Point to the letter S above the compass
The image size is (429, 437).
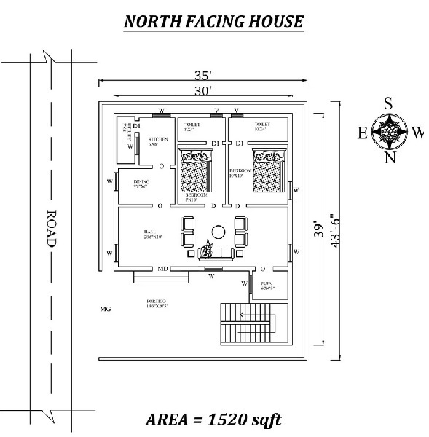pyautogui.click(x=390, y=103)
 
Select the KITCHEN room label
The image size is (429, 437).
pyautogui.click(x=158, y=139)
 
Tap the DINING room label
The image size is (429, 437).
pyautogui.click(x=141, y=182)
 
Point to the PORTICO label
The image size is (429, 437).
pyautogui.click(x=157, y=301)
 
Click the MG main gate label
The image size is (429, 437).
pyautogui.click(x=105, y=310)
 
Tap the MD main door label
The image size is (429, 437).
pyautogui.click(x=164, y=269)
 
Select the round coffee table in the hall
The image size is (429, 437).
pyautogui.click(x=216, y=232)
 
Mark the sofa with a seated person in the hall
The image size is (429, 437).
pyautogui.click(x=216, y=251)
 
